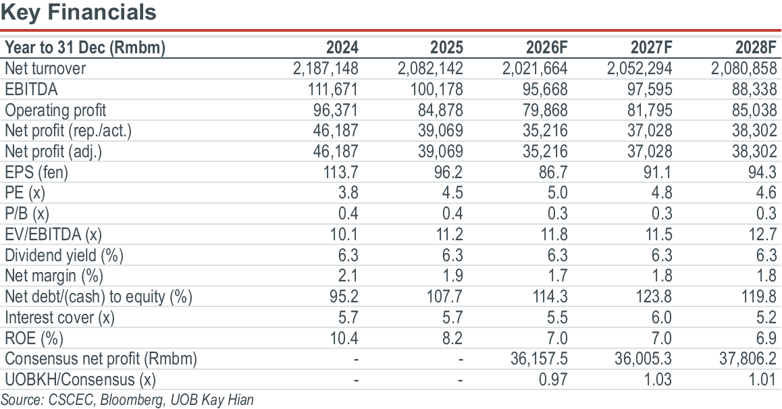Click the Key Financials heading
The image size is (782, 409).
click(x=78, y=12)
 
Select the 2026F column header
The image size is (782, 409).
click(x=546, y=47)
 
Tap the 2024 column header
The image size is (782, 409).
click(x=342, y=47)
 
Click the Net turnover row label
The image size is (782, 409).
click(x=45, y=68)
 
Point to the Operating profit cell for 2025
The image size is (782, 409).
click(x=440, y=110)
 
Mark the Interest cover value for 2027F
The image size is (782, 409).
click(x=661, y=317)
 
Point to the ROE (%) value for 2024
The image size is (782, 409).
click(x=344, y=338)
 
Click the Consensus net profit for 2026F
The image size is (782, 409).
click(x=539, y=358)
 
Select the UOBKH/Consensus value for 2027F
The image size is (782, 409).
click(x=658, y=379)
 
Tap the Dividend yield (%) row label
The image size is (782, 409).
click(x=64, y=256)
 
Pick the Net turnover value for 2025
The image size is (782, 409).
click(x=430, y=68)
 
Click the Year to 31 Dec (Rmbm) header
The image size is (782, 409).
click(x=85, y=48)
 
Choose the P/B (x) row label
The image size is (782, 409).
click(x=27, y=214)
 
